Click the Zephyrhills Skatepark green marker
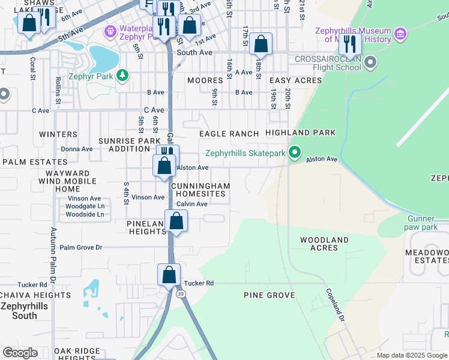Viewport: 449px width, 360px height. point(294,153)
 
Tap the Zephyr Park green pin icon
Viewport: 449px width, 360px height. point(122,76)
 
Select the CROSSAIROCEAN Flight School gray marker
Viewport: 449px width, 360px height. point(370,62)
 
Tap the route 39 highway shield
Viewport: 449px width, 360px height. point(181,293)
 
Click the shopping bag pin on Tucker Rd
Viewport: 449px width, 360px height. point(169,275)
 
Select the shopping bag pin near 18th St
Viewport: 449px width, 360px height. point(261,44)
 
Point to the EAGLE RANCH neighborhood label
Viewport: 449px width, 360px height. point(229,134)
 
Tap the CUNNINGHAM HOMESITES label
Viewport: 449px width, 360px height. point(200,190)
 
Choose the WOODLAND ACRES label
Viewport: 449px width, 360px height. point(325,244)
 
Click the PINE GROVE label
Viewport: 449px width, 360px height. point(269,295)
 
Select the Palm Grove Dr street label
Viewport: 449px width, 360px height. point(81,247)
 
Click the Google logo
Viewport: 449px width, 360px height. point(20,353)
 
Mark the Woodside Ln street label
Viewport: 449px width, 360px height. point(85,214)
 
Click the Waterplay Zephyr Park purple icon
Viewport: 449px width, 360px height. point(110,30)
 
